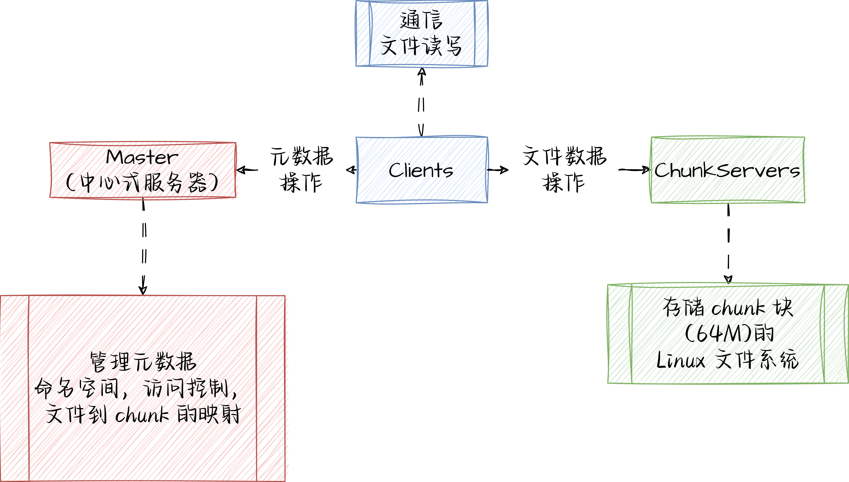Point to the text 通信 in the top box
point(421,20)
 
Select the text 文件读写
point(421,46)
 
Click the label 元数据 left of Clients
point(302,156)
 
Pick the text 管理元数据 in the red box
point(143,362)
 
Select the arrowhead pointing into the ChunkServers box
point(646,170)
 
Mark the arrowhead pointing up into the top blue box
point(421,72)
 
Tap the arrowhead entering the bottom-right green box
point(728,280)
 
